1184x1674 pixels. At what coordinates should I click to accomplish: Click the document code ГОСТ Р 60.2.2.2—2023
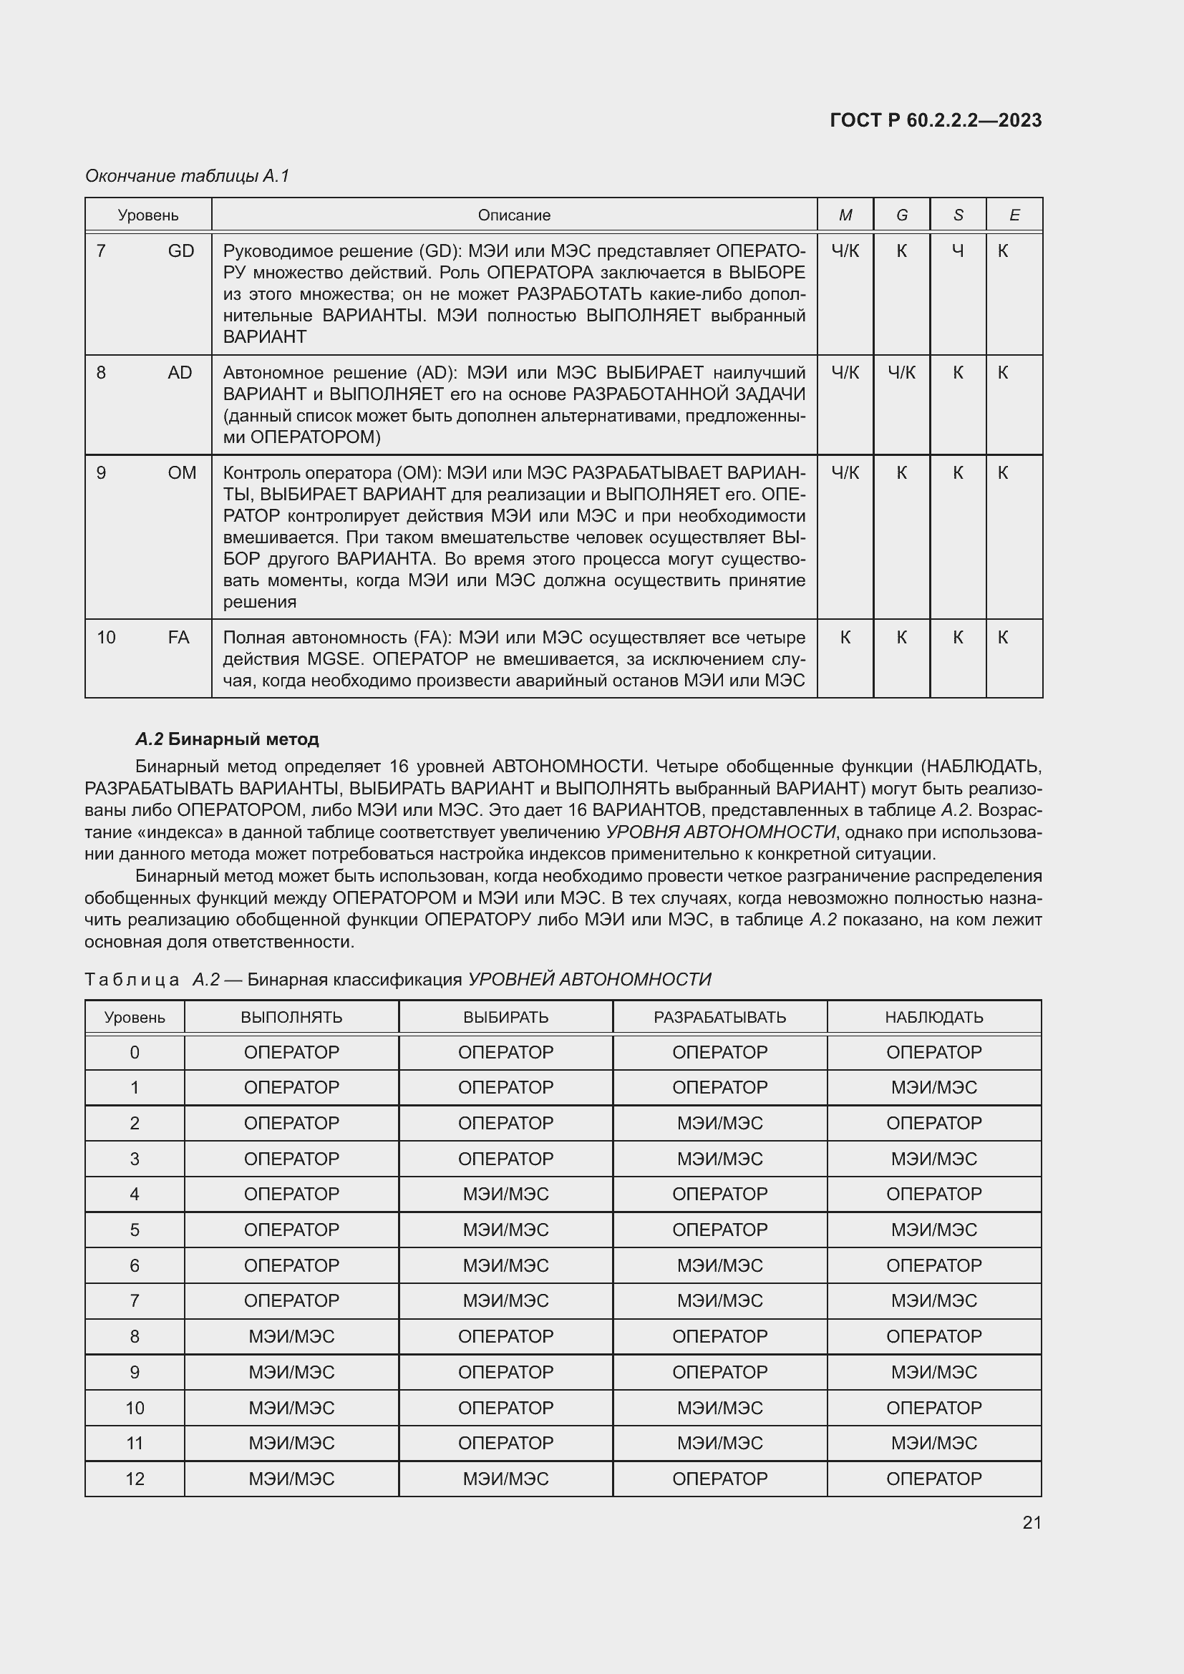click(x=936, y=120)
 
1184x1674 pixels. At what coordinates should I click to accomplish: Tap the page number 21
click(x=1032, y=1522)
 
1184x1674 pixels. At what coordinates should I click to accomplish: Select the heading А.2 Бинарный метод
click(x=228, y=739)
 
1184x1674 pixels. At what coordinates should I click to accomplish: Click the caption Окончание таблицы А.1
click(x=188, y=176)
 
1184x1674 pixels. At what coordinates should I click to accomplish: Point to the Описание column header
click(x=514, y=215)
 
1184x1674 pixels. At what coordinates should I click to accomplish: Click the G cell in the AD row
click(x=901, y=373)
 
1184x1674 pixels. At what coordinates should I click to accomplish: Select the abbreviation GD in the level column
click(x=181, y=250)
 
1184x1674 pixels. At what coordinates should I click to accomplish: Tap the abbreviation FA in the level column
click(x=179, y=637)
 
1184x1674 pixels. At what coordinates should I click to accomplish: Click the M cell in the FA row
click(x=845, y=637)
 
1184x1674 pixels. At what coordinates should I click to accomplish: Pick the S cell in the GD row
click(x=957, y=250)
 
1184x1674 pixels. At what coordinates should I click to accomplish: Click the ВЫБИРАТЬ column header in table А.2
click(x=505, y=1017)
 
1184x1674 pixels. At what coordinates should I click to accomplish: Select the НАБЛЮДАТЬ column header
click(x=934, y=1017)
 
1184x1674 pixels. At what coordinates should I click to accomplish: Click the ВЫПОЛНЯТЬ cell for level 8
click(x=291, y=1336)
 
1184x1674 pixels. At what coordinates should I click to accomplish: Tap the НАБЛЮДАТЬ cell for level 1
click(x=934, y=1088)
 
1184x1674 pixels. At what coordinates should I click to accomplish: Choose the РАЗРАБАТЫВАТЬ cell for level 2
click(x=719, y=1123)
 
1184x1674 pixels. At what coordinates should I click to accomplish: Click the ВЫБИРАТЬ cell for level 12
click(x=505, y=1479)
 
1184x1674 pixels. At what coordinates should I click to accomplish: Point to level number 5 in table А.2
click(x=134, y=1230)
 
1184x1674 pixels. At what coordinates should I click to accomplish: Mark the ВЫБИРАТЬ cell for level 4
click(x=505, y=1194)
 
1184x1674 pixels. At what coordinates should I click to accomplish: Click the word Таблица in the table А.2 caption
click(x=132, y=979)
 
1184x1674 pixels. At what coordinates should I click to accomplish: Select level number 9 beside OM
click(x=102, y=473)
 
